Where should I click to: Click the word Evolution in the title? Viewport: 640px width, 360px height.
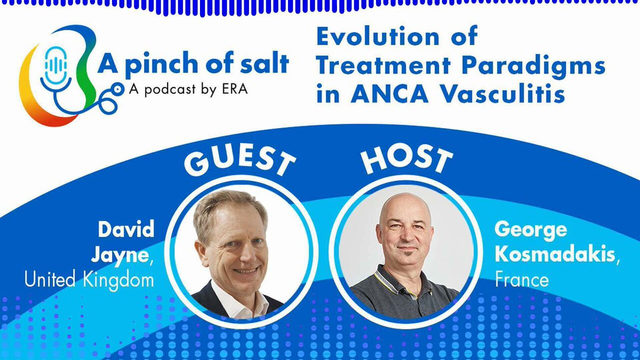377,37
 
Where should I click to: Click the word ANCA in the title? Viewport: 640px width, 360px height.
389,94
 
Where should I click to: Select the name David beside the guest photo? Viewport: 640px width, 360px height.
126,229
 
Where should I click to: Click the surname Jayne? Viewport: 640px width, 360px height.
122,255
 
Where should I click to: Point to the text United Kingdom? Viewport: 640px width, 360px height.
89,279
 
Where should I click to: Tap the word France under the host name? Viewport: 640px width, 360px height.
522,279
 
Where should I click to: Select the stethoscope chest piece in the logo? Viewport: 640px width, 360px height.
117,90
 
